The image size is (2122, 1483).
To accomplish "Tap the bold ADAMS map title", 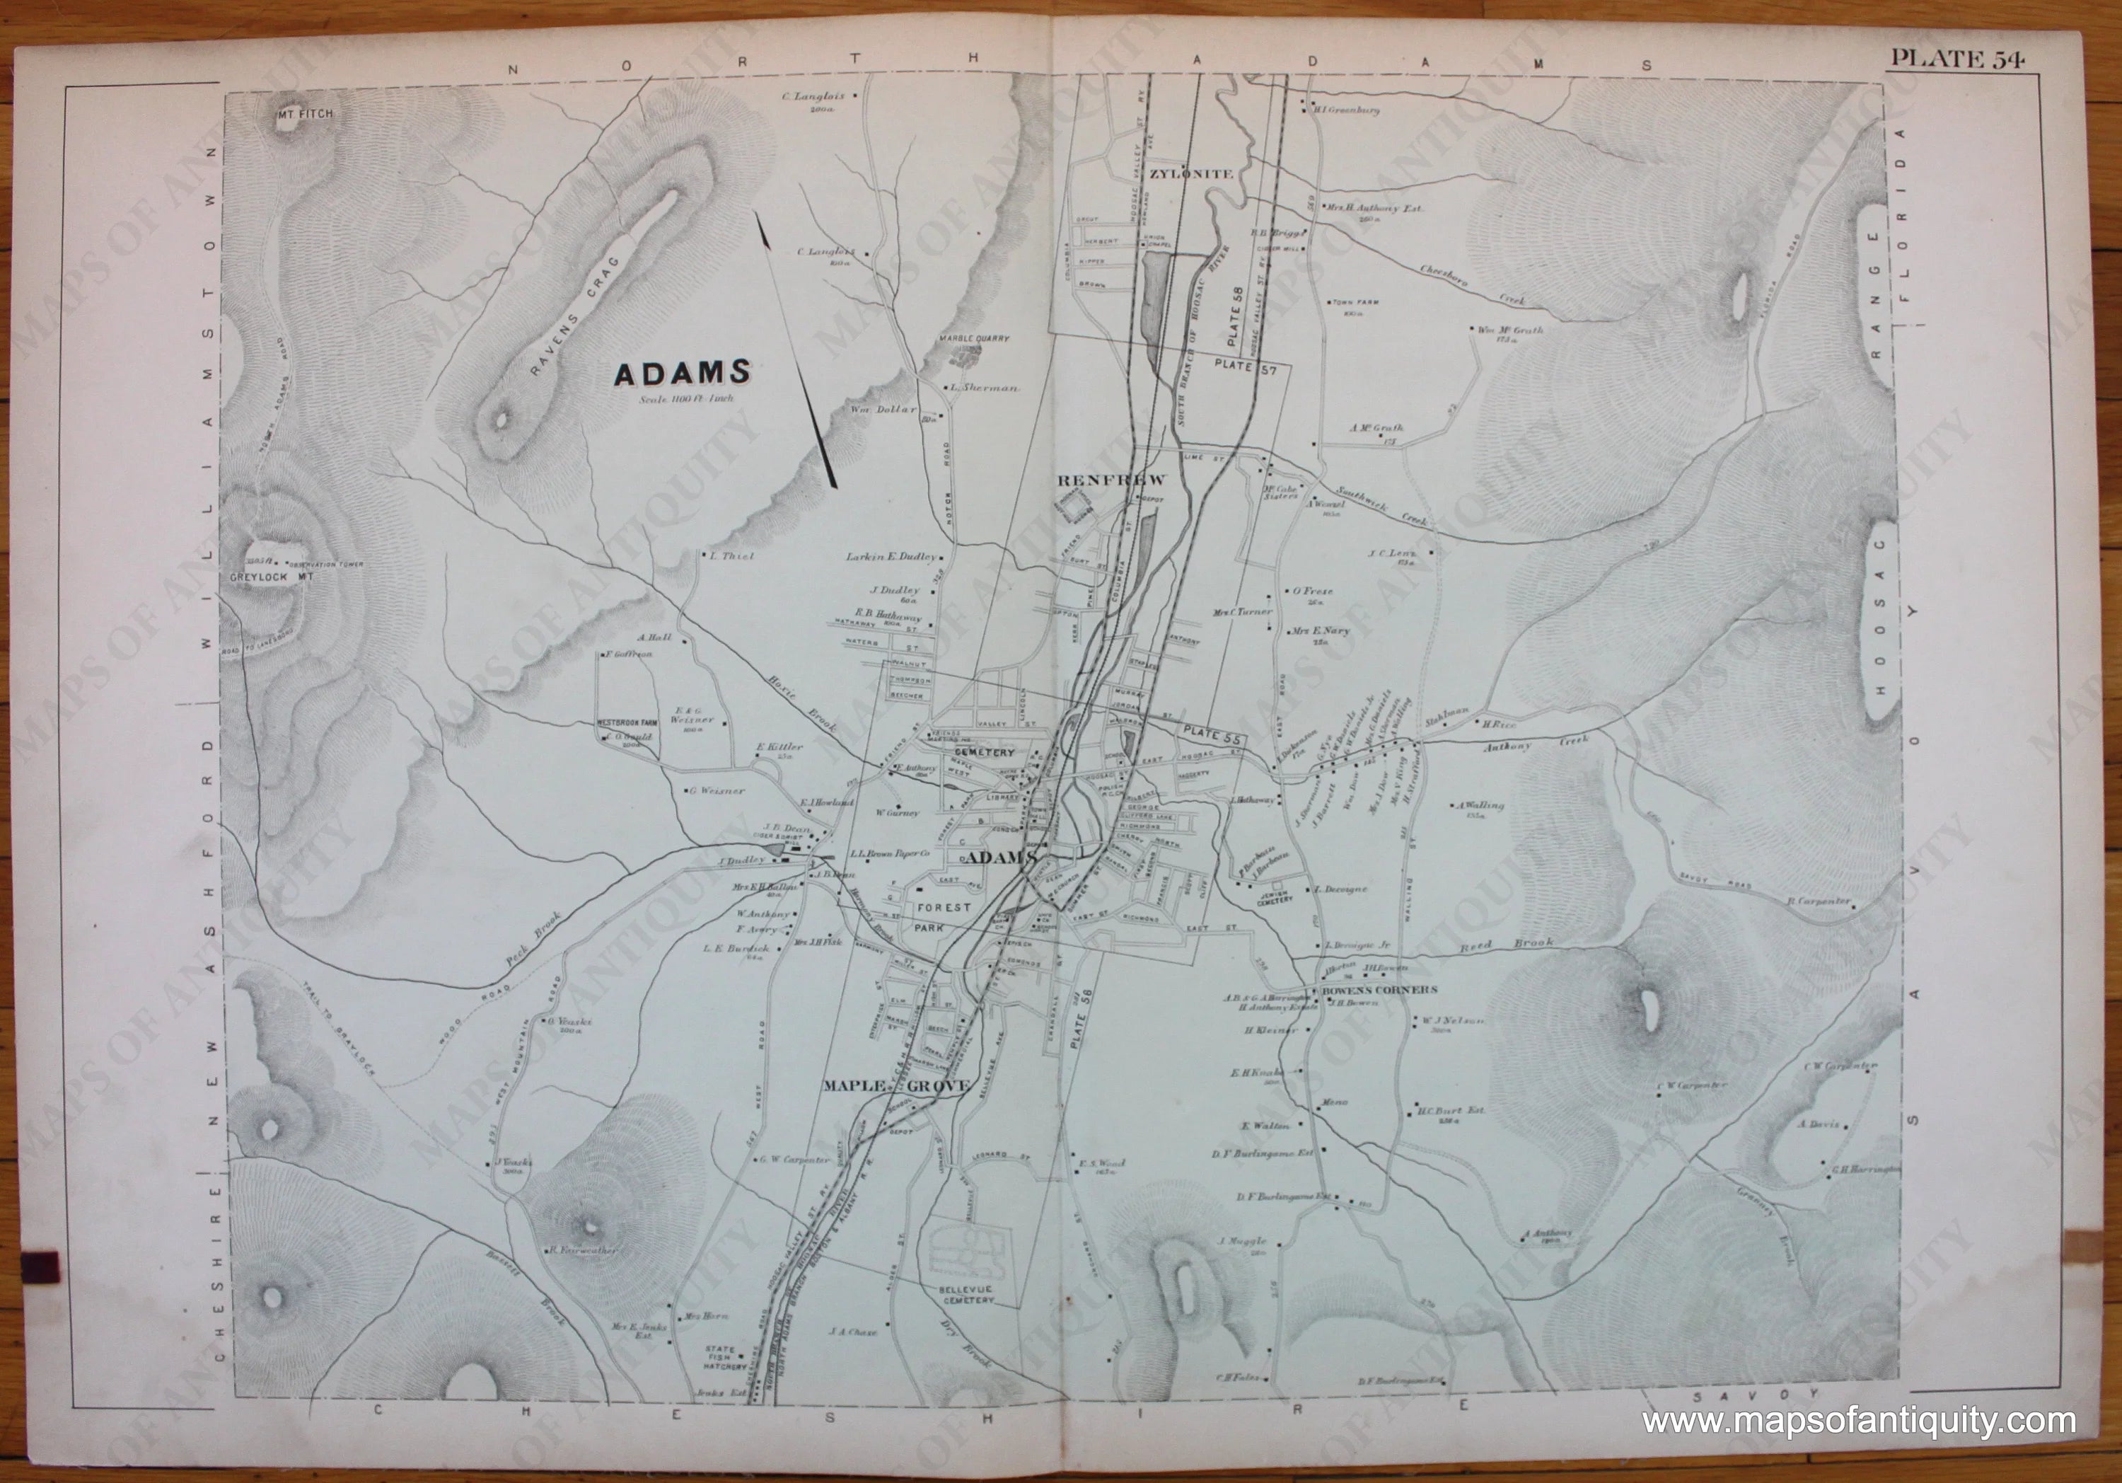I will point(682,373).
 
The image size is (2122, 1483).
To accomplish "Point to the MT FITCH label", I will point(304,115).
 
